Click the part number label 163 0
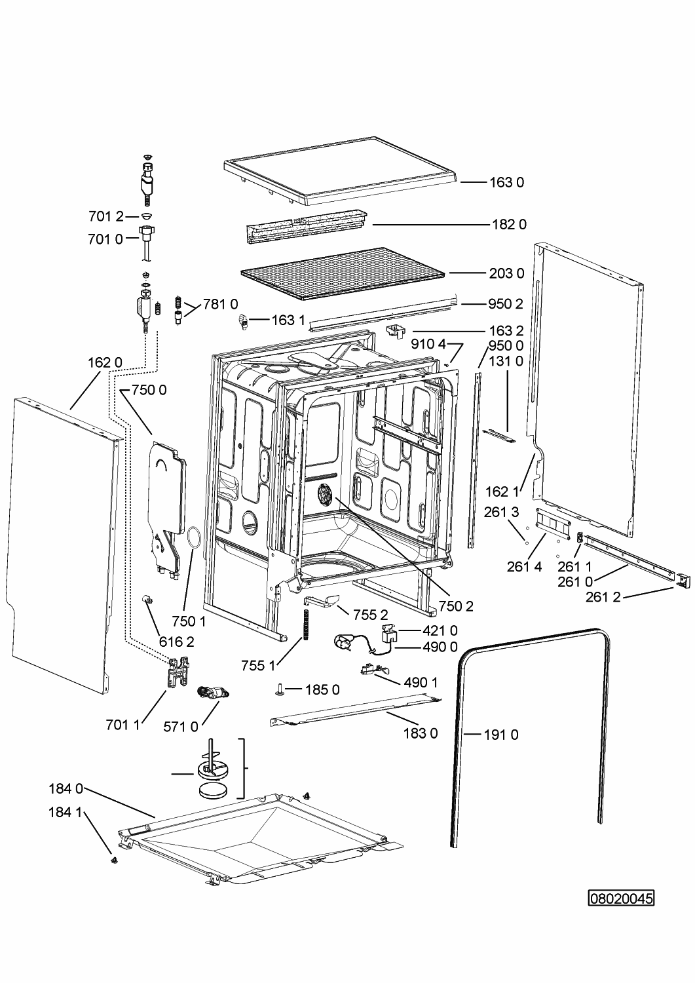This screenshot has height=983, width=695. (x=506, y=182)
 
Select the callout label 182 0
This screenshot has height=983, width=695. (x=509, y=224)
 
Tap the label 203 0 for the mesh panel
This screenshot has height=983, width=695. (x=506, y=273)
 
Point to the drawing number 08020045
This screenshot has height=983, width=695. (x=621, y=897)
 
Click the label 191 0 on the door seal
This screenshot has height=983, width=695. (x=500, y=735)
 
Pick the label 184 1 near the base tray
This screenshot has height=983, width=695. (x=65, y=812)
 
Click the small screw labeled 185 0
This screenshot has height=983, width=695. (x=280, y=689)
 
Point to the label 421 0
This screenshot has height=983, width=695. (x=440, y=630)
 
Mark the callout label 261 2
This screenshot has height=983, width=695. (x=603, y=596)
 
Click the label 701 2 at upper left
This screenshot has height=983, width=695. (x=105, y=216)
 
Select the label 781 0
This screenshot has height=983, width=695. (x=220, y=304)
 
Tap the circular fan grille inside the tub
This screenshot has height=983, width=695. (x=326, y=494)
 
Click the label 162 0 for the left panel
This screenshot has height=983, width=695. (x=105, y=362)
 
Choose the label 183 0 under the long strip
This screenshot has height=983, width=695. (x=421, y=733)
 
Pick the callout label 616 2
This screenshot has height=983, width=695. (x=177, y=642)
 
